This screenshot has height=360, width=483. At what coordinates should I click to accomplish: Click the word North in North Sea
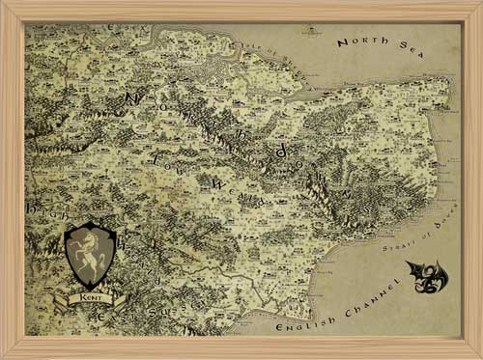(x=357, y=42)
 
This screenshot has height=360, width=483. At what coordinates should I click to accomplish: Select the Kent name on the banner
(x=89, y=301)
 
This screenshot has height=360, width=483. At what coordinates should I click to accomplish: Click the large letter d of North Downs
(x=280, y=151)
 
